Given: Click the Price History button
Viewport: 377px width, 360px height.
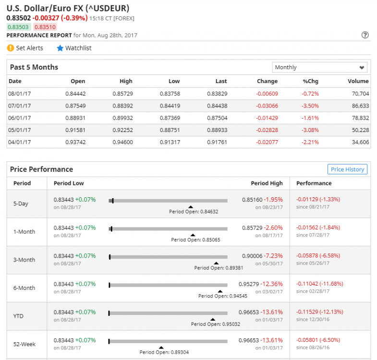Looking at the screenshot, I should [x=347, y=169].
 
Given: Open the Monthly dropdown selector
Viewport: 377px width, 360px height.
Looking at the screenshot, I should [x=320, y=67].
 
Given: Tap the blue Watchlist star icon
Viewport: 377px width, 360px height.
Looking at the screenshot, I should [x=60, y=48].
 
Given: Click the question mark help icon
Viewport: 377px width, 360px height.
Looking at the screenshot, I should [x=365, y=35].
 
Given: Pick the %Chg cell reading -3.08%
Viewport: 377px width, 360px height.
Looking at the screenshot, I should [x=310, y=130].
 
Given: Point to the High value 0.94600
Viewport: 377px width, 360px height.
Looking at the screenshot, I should [x=122, y=142].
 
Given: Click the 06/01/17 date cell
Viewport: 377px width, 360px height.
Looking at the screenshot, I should [x=20, y=118].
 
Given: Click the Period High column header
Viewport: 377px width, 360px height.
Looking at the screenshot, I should [x=267, y=183].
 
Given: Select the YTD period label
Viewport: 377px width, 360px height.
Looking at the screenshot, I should [x=19, y=316].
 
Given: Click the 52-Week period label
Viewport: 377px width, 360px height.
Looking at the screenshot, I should [x=24, y=344].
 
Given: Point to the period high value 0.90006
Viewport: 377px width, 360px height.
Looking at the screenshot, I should [x=251, y=256].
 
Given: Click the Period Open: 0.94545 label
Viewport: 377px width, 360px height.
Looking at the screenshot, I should [x=219, y=296].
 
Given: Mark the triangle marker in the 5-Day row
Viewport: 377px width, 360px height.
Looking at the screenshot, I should [x=191, y=207].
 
